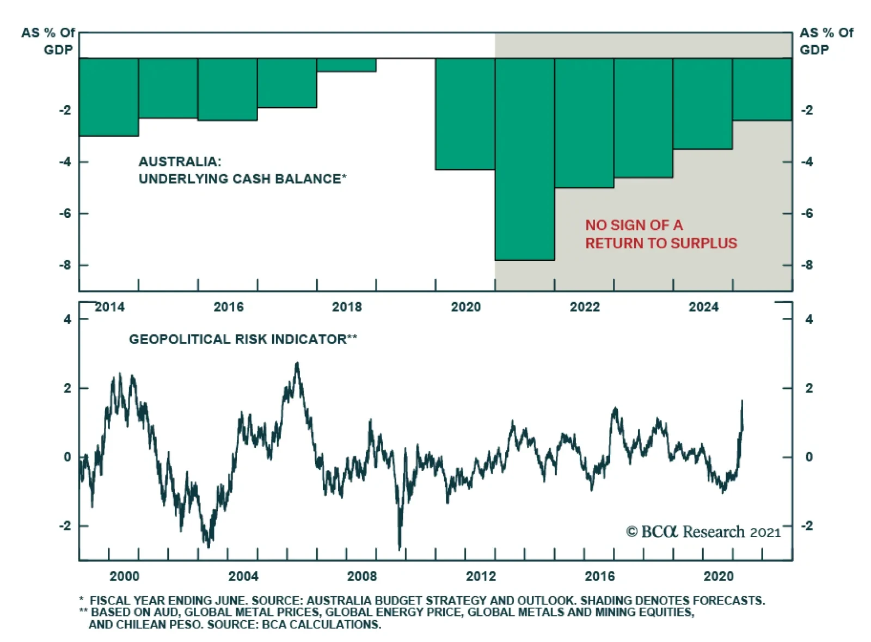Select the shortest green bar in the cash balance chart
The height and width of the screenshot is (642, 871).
click(346, 65)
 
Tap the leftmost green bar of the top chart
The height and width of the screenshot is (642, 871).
click(109, 97)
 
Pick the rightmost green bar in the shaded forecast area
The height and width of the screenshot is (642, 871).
click(762, 89)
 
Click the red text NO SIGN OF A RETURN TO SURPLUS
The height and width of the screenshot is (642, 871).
click(660, 234)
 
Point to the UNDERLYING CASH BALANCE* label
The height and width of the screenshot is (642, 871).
click(242, 179)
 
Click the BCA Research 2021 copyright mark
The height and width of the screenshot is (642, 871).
click(703, 531)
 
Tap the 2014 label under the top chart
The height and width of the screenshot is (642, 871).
click(109, 307)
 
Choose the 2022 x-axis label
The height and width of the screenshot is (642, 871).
click(584, 307)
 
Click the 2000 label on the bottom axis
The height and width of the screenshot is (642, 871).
click(124, 576)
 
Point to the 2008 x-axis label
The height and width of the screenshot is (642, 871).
click(361, 576)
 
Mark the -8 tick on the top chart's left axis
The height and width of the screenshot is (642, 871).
click(65, 265)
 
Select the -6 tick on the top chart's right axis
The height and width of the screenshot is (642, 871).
click(807, 213)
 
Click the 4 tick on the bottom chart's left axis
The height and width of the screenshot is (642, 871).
click(68, 319)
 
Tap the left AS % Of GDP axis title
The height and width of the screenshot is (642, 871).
click(48, 41)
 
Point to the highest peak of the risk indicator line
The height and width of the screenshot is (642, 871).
click(297, 363)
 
